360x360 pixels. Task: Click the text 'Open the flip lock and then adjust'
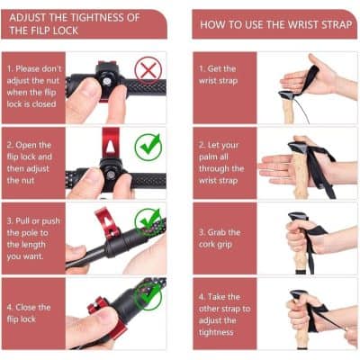(33, 162)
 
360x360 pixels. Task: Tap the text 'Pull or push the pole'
(33, 237)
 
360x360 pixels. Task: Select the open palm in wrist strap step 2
(273, 166)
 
